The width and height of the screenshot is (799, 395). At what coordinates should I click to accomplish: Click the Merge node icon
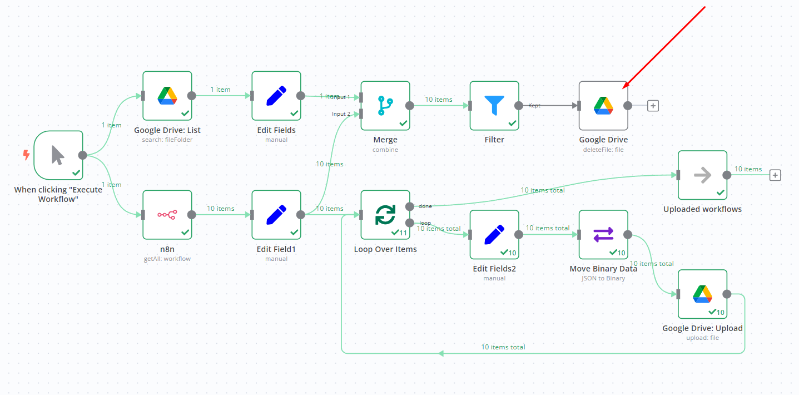click(x=385, y=105)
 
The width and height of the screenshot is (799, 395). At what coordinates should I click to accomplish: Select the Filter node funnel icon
click(x=494, y=105)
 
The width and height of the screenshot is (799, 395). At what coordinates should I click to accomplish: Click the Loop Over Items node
click(x=385, y=214)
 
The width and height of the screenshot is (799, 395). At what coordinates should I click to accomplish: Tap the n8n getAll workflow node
click(x=167, y=214)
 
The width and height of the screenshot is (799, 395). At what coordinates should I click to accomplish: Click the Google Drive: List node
click(x=167, y=95)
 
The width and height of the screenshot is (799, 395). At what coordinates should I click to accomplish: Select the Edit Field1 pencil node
click(x=276, y=214)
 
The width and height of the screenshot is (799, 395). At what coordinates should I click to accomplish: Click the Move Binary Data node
click(x=603, y=234)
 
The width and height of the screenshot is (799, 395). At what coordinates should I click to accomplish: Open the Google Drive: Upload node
click(x=702, y=294)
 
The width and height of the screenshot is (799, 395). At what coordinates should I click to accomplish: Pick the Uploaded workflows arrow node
click(x=702, y=175)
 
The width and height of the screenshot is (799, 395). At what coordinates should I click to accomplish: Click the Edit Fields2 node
click(x=494, y=234)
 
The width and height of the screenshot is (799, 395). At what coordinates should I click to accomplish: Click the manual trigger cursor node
click(x=58, y=155)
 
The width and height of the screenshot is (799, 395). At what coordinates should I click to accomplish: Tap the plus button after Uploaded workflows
click(x=775, y=175)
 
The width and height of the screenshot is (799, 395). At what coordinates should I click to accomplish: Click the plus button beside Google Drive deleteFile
click(x=653, y=106)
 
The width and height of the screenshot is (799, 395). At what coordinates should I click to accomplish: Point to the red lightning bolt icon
click(x=26, y=155)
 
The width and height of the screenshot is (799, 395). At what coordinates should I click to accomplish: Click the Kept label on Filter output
click(x=534, y=105)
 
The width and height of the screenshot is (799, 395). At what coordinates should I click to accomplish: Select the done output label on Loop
click(x=425, y=206)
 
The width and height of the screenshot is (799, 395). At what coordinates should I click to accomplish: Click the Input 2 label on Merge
click(x=341, y=113)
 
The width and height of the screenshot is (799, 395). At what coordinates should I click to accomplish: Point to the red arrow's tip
click(x=623, y=88)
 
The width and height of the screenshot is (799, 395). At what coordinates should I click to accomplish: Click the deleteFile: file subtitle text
click(x=603, y=150)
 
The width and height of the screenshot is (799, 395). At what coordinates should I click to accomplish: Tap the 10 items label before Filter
click(x=439, y=100)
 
